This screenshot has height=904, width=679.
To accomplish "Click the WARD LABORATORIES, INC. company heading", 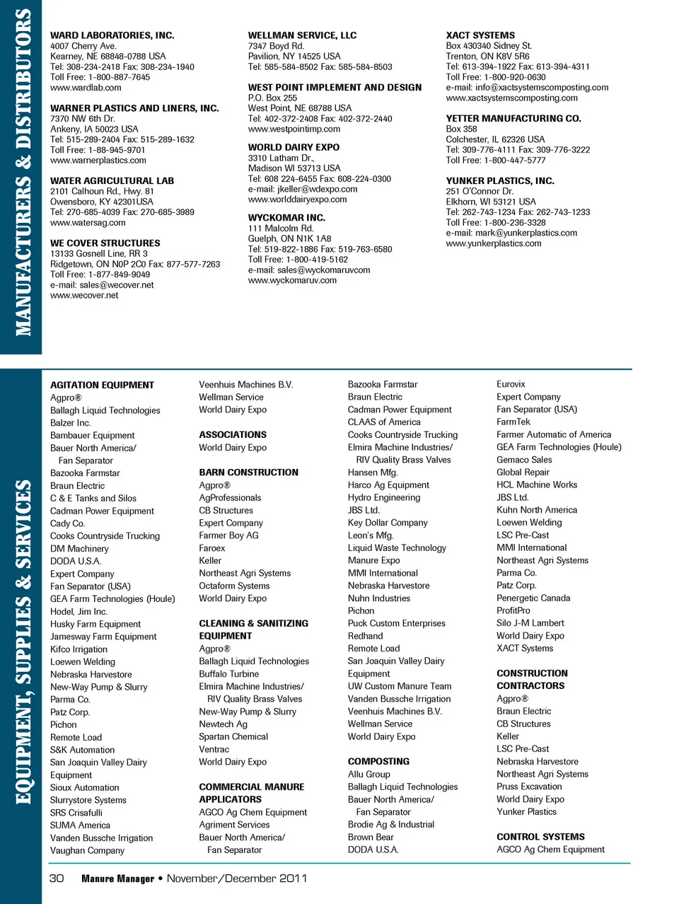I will [x=112, y=35].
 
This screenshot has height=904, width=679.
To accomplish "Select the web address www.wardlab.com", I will [x=86, y=88].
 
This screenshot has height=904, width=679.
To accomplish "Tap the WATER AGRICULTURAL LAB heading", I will [x=112, y=181].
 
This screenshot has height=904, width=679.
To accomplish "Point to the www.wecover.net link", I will [x=84, y=296].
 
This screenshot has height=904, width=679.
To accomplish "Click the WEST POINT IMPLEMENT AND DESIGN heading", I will [x=335, y=88].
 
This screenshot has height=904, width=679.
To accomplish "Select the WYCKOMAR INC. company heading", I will [x=286, y=218].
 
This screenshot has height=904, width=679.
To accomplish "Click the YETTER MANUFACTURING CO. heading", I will [x=513, y=119].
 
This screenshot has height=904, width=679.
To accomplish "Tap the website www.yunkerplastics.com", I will [x=494, y=243].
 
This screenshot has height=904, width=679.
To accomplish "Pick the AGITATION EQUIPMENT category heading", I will [x=102, y=386].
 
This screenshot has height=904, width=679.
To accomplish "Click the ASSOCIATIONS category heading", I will [x=233, y=435].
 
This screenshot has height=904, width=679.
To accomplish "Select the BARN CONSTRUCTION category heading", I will [x=248, y=473].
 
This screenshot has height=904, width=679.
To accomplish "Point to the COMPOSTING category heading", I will [x=378, y=762].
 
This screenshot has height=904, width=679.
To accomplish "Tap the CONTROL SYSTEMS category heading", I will [x=540, y=837].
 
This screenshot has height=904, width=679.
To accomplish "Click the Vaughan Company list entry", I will [x=87, y=851].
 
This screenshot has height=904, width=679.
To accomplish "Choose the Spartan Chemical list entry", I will [x=233, y=737].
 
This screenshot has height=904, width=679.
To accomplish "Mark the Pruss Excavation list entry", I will [x=529, y=787].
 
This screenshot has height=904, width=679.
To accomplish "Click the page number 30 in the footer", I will [x=57, y=879].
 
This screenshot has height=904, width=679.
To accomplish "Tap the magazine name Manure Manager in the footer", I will [x=117, y=879].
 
